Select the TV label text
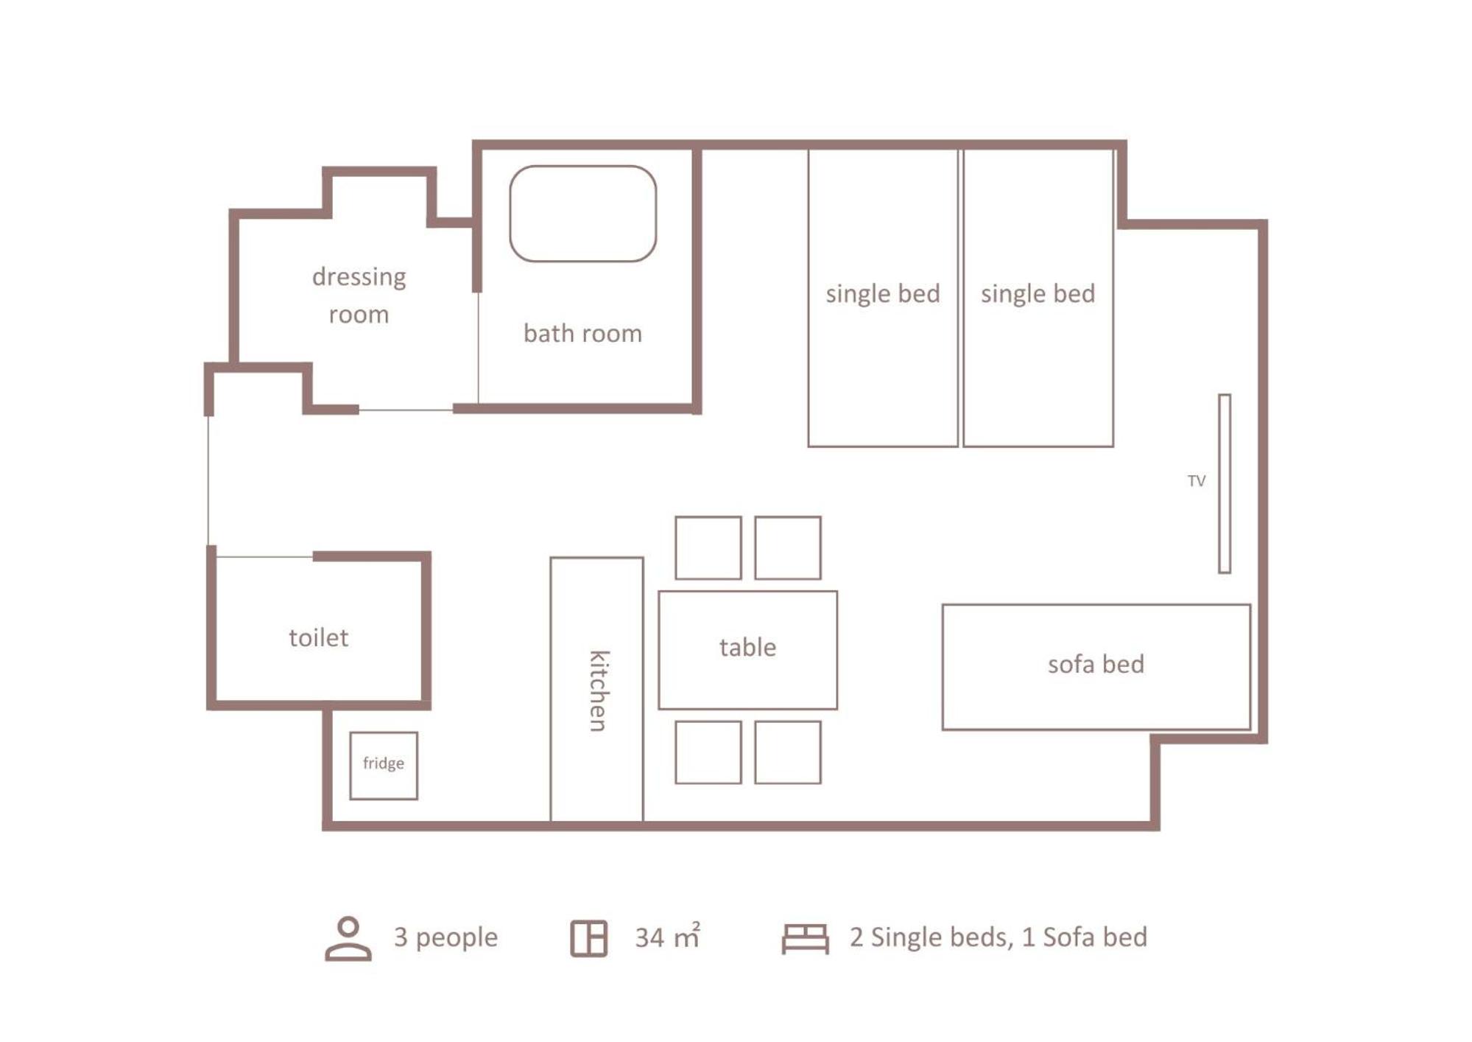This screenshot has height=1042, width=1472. [1196, 481]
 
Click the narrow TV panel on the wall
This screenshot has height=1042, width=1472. [1224, 483]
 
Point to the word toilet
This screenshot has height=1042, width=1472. [318, 637]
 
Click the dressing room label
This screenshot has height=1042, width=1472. [359, 296]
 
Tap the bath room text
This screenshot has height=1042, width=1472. [582, 333]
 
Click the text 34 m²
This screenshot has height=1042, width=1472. [667, 937]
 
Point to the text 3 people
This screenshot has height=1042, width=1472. [446, 937]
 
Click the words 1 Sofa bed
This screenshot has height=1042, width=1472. [1085, 937]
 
